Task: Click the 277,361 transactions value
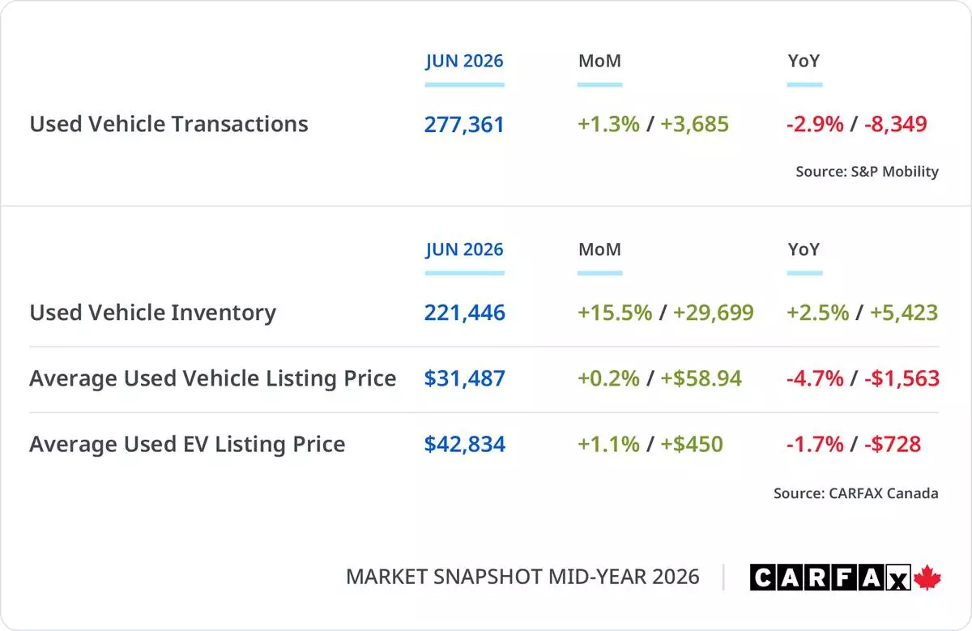pyautogui.click(x=464, y=125)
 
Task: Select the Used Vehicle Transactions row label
pyautogui.click(x=168, y=124)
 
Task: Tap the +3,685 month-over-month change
pyautogui.click(x=694, y=124)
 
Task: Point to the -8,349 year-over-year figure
pyautogui.click(x=896, y=124)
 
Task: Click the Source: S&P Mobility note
pyautogui.click(x=867, y=172)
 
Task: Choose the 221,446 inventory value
pyautogui.click(x=464, y=313)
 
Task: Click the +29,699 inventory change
pyautogui.click(x=714, y=313)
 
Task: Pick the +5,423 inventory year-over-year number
pyautogui.click(x=904, y=313)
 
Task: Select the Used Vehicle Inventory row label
pyautogui.click(x=153, y=313)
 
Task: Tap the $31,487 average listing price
pyautogui.click(x=464, y=378)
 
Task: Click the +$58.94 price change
pyautogui.click(x=701, y=378)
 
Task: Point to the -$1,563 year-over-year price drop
pyautogui.click(x=902, y=378)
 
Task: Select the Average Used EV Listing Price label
pyautogui.click(x=187, y=445)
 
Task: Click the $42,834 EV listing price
pyautogui.click(x=464, y=445)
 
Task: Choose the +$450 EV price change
pyautogui.click(x=692, y=445)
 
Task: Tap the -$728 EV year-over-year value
pyautogui.click(x=893, y=445)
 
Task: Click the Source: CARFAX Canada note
pyautogui.click(x=855, y=493)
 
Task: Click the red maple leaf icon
pyautogui.click(x=927, y=578)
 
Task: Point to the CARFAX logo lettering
pyautogui.click(x=830, y=578)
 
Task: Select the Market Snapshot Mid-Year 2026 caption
pyautogui.click(x=522, y=578)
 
